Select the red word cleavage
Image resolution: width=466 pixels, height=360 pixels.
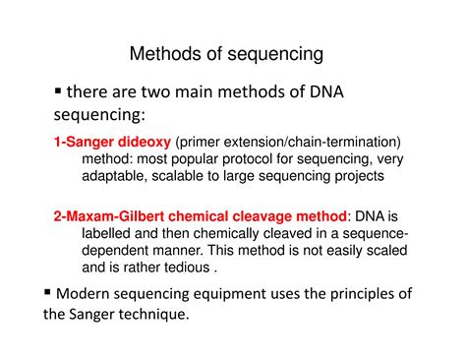point(251,216)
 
